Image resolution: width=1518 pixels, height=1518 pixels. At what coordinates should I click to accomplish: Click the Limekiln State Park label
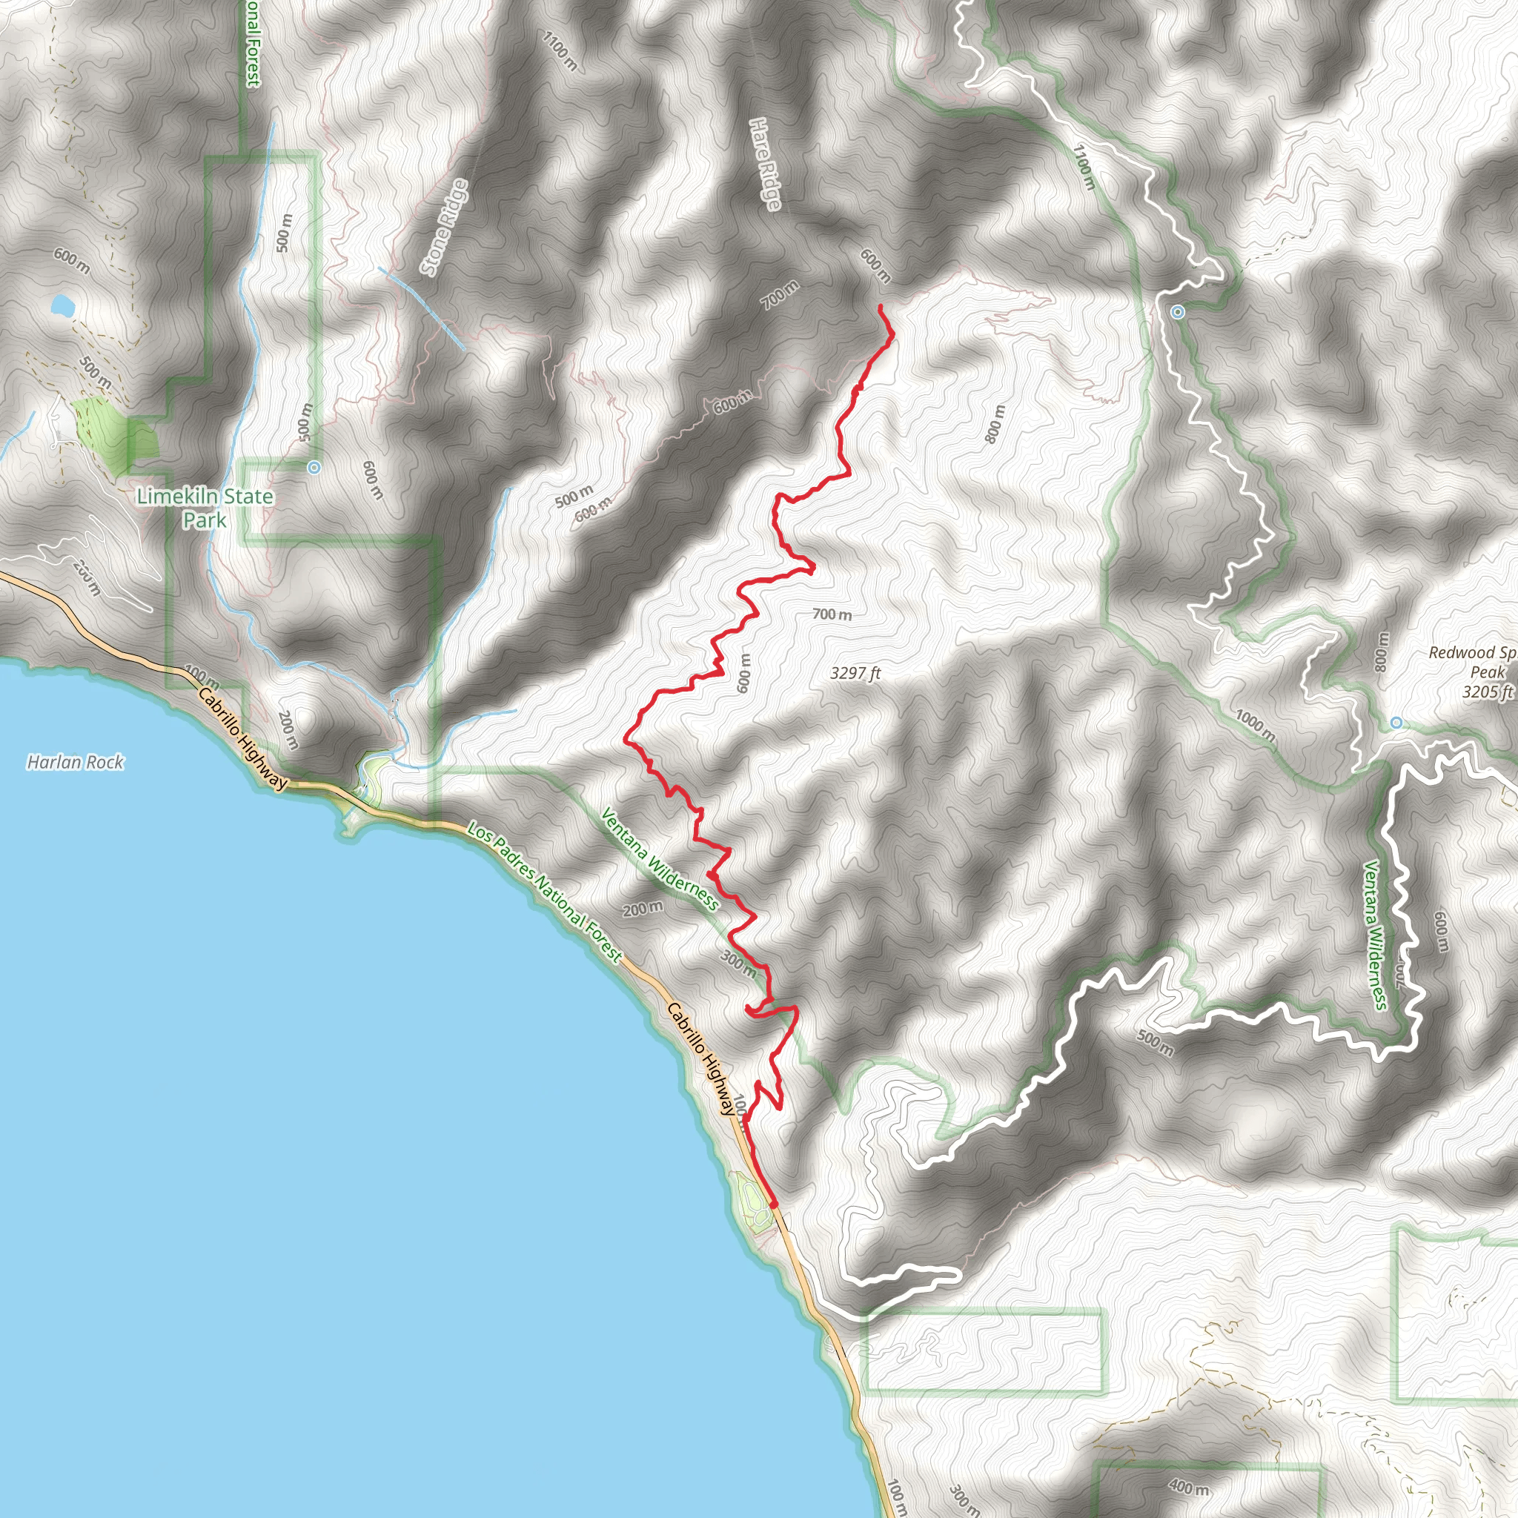pos(205,508)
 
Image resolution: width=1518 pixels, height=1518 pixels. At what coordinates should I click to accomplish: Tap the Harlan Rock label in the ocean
pos(76,762)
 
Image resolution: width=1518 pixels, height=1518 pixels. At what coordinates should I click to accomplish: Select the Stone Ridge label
pos(445,227)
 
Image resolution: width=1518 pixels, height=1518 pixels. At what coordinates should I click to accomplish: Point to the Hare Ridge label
pos(764,165)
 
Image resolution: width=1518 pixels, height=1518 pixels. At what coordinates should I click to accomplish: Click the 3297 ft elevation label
pos(855,672)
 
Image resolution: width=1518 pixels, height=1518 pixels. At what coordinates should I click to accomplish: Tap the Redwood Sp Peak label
pos(1471,662)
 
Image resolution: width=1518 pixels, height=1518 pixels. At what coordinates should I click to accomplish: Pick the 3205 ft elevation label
pos(1488,692)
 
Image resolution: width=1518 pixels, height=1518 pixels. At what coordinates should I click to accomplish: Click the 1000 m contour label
pos(1255,725)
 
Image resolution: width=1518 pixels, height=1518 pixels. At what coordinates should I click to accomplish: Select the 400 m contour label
pos(1188,1488)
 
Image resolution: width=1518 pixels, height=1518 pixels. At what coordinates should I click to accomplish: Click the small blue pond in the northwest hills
pos(62,305)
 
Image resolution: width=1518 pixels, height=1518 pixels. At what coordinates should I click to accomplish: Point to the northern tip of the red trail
pos(880,305)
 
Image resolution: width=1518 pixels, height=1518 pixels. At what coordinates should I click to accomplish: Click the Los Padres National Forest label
pos(545,892)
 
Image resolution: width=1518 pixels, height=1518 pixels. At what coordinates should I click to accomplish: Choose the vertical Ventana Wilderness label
pos(1375,935)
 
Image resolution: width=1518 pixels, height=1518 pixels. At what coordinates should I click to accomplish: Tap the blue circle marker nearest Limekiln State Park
pos(314,468)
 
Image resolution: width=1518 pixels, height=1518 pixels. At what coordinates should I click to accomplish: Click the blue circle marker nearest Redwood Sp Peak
pos(1396,723)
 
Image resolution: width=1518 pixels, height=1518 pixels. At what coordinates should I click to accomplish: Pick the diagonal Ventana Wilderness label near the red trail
pos(658,859)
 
